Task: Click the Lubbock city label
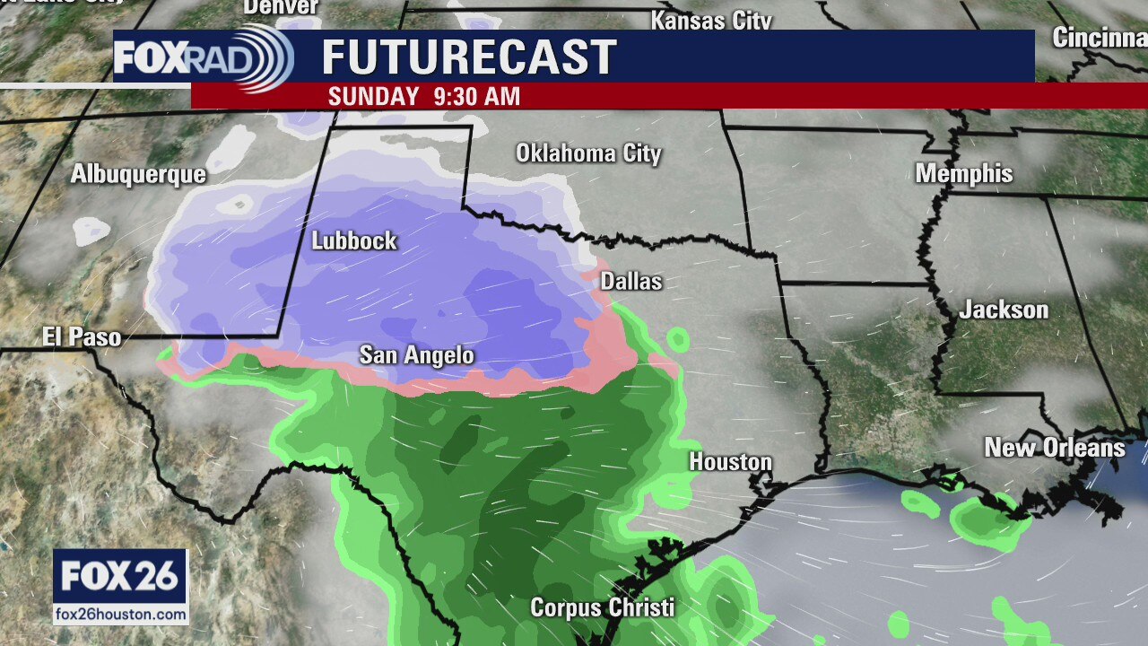point(354,240)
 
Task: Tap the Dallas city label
point(631,281)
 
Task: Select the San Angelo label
point(417,355)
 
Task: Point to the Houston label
point(730,462)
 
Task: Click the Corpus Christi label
point(602,607)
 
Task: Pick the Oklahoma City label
point(588,153)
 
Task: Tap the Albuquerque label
point(139,174)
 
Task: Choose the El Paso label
point(82,337)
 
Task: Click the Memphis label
point(964,173)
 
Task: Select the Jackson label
point(1004,310)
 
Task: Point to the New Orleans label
point(1055,448)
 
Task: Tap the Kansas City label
point(711,20)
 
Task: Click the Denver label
point(281,7)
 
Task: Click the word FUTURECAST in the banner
point(469,57)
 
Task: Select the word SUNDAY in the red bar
point(374,96)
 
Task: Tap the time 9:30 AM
point(476,96)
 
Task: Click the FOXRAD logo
point(203,57)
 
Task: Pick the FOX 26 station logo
point(120,576)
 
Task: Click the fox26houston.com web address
point(120,615)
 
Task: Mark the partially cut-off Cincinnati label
point(1100,39)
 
